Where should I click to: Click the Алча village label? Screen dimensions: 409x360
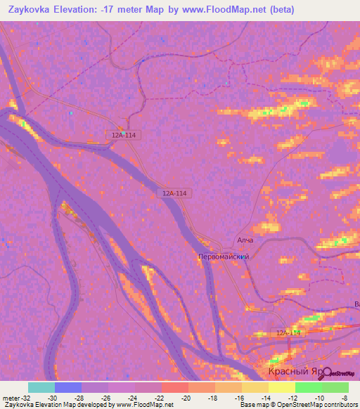(245, 240)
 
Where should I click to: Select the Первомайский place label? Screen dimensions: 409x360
(224, 257)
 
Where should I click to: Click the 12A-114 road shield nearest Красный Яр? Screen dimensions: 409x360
(288, 332)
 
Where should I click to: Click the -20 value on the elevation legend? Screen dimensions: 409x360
(186, 397)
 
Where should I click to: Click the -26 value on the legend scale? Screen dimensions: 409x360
(105, 397)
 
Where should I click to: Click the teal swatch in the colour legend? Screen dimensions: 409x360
(41, 387)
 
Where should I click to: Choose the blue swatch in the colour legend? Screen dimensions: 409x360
(68, 387)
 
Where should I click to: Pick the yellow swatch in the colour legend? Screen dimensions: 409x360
(282, 387)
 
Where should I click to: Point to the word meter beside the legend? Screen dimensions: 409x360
(10, 397)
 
